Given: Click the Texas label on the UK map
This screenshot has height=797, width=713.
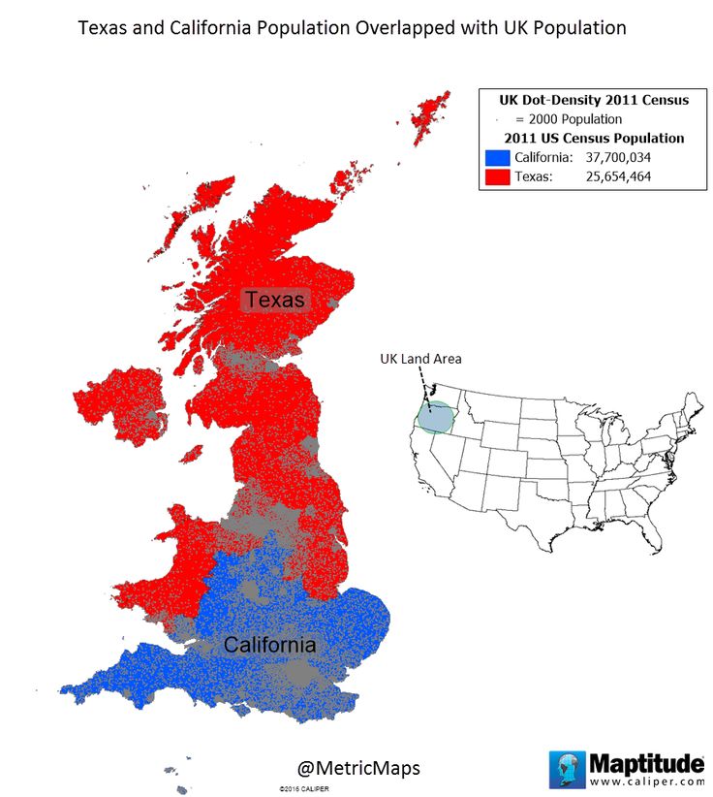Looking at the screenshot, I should click(274, 300).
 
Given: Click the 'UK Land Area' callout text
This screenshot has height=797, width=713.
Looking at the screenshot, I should click(419, 359).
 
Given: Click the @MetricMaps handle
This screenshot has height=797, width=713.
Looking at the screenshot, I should click(358, 768).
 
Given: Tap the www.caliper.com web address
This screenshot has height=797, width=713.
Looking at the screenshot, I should click(646, 780).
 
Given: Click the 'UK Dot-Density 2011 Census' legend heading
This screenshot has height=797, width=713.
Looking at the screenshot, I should click(594, 100).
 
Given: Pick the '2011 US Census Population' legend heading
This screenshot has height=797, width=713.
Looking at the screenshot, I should click(594, 138).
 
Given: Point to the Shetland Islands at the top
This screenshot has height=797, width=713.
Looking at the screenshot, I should click(429, 115).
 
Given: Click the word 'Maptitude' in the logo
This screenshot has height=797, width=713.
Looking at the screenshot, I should click(646, 761).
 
